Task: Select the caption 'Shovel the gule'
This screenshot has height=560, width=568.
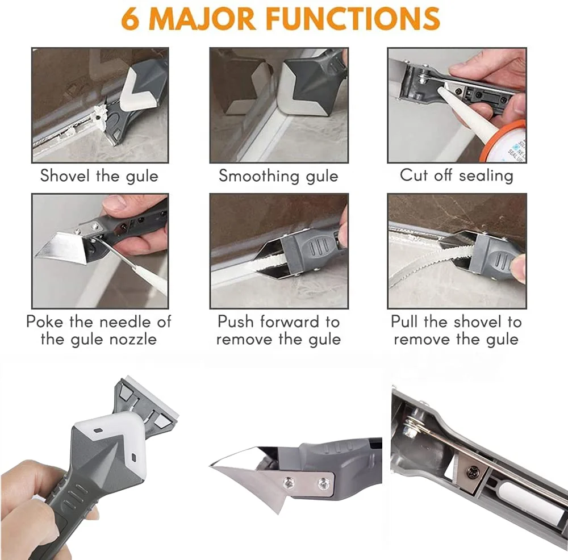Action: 99,175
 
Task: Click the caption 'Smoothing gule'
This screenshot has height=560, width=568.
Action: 278,175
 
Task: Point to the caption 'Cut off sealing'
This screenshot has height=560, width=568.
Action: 457,175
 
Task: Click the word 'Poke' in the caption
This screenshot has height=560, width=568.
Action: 45,322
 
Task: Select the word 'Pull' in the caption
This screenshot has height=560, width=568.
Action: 404,322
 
